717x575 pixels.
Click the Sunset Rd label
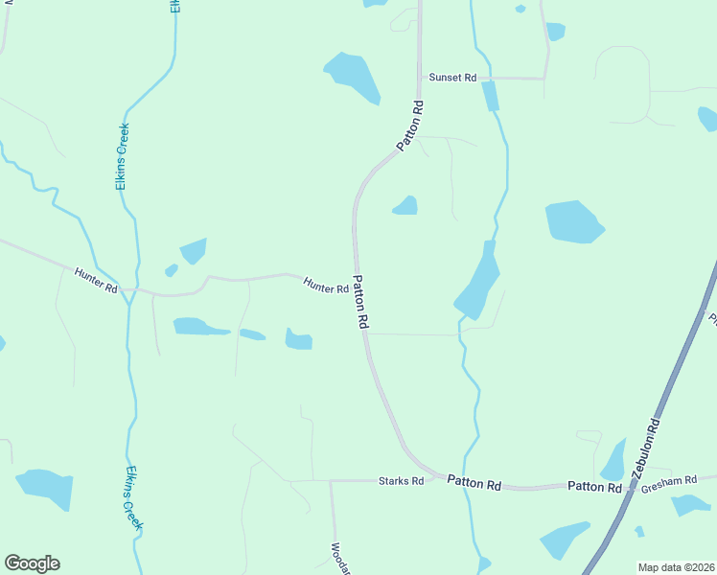coord(452,77)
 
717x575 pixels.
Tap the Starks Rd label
coord(401,481)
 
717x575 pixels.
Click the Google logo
coord(32,563)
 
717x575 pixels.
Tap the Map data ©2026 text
coord(676,567)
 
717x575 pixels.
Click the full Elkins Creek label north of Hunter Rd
coord(123,156)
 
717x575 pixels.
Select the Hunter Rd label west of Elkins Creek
coord(96,281)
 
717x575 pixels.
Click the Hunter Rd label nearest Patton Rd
coord(326,286)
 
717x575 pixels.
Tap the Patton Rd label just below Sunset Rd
coord(411,125)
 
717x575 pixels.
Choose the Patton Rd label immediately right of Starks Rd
coord(474,485)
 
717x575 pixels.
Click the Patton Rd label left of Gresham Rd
coord(594,487)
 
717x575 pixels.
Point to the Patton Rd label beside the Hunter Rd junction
coord(361,303)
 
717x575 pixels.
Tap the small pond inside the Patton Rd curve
coord(405,206)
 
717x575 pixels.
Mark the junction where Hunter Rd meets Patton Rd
coord(355,281)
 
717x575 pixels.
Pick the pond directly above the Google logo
coord(46,487)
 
